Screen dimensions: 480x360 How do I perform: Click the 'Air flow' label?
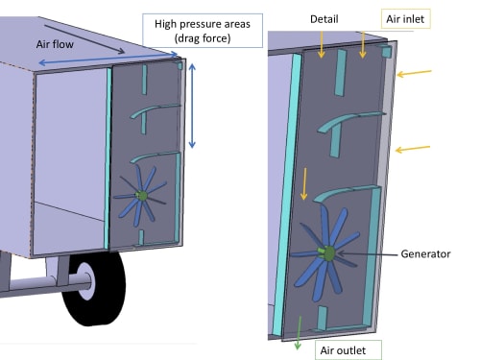click(55, 44)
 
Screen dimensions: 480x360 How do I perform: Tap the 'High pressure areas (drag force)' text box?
click(203, 31)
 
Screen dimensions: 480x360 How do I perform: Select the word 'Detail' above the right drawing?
click(324, 19)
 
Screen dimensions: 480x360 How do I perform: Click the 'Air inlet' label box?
click(405, 19)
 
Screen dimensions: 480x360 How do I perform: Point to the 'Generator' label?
click(425, 254)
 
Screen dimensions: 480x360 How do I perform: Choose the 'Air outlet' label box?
click(348, 350)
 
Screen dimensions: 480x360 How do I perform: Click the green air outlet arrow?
click(299, 333)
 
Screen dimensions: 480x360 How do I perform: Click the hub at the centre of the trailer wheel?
click(85, 281)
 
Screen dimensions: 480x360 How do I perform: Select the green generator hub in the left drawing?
click(141, 196)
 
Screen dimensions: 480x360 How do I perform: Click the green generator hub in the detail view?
click(326, 253)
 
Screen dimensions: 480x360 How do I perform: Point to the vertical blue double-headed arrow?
click(192, 106)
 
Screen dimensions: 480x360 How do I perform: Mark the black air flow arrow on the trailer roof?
click(84, 38)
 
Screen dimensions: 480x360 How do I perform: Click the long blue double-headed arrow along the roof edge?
click(108, 59)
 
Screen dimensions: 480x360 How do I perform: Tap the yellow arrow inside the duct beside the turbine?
click(304, 184)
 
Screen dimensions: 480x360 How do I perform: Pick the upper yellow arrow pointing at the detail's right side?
click(414, 73)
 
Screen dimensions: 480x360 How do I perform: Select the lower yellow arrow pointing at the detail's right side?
click(413, 149)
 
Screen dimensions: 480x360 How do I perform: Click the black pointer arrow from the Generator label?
click(368, 254)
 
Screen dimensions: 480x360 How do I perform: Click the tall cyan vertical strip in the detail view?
click(287, 194)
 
